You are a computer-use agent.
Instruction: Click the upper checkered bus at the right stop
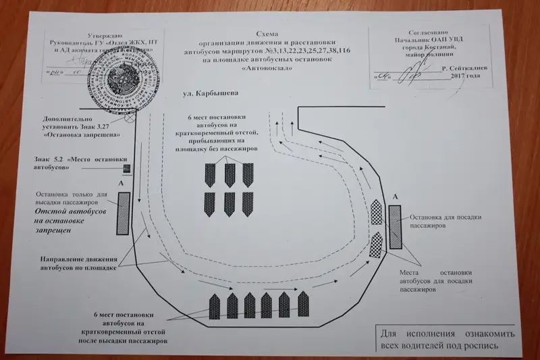click(x=375, y=211)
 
